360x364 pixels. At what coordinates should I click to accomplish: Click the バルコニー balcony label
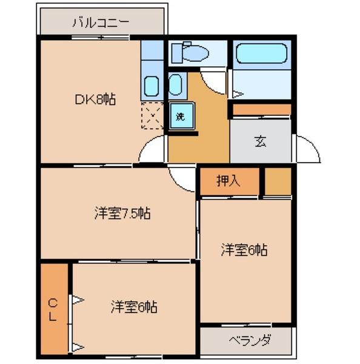(101, 24)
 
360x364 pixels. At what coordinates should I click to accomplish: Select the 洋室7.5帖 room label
(122, 213)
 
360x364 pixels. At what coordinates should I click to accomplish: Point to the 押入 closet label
(229, 181)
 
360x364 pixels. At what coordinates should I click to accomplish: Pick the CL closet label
(53, 309)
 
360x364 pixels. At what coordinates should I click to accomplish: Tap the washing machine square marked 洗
(181, 115)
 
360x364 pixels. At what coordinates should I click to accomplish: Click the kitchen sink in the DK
(152, 86)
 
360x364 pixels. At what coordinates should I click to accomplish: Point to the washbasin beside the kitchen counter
(175, 85)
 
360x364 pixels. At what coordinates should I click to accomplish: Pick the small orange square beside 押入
(278, 181)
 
